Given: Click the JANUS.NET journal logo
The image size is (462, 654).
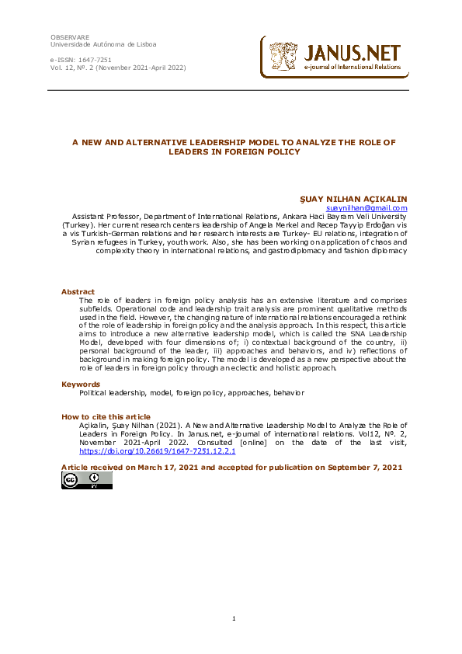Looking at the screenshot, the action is pos(334,57).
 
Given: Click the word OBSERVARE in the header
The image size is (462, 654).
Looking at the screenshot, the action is pos(70,37).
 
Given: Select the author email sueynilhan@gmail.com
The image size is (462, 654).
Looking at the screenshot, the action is pos(366,208).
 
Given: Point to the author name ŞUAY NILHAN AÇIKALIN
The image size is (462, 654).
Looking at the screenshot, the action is pos(358,200).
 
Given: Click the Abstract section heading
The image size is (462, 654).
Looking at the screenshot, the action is pos(78,292).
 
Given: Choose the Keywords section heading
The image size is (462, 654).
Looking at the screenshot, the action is pos(81,384).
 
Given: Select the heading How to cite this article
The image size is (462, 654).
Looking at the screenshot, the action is pos(106,417).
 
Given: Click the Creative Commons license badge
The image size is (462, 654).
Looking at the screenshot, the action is pos(87,481).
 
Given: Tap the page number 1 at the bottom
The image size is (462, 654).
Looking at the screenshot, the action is pos(233,618).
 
